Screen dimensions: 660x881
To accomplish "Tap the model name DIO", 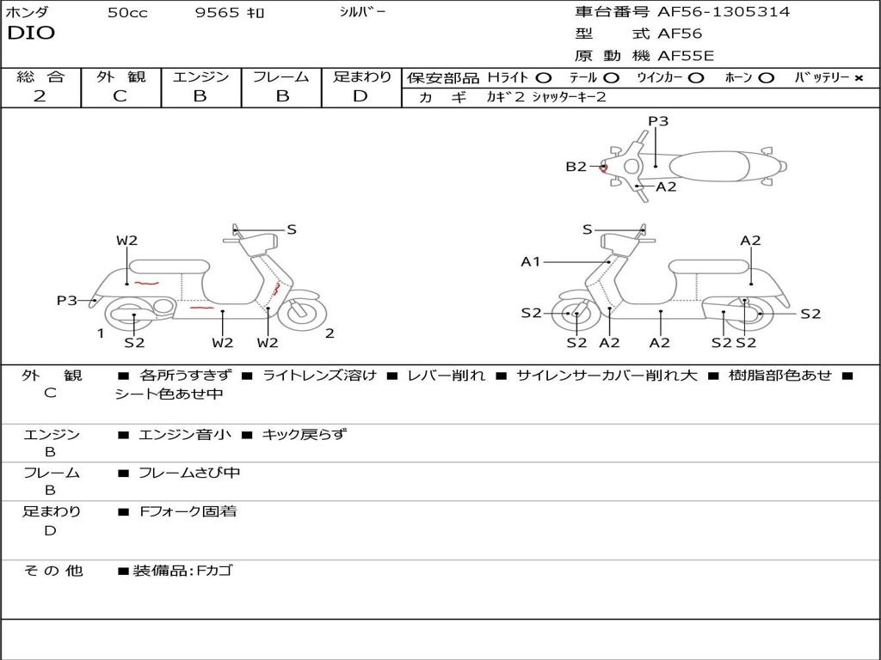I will pyautogui.click(x=31, y=34).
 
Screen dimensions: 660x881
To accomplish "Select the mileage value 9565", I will pyautogui.click(x=218, y=13).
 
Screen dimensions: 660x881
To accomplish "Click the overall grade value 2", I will pyautogui.click(x=40, y=96).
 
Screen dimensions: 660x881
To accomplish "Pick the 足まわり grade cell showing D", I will pyautogui.click(x=360, y=96).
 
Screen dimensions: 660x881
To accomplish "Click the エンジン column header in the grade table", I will pyautogui.click(x=200, y=77).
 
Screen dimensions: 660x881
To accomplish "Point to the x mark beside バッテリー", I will pyautogui.click(x=858, y=78).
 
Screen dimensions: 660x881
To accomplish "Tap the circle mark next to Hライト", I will pyautogui.click(x=544, y=78).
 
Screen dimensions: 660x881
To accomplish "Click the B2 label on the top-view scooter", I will pyautogui.click(x=576, y=167).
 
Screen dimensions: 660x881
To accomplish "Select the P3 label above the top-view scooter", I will pyautogui.click(x=658, y=121).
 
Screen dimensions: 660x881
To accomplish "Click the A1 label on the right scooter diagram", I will pyautogui.click(x=531, y=261).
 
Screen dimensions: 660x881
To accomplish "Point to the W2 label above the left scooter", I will pyautogui.click(x=127, y=241).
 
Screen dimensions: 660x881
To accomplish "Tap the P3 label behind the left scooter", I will pyautogui.click(x=67, y=300).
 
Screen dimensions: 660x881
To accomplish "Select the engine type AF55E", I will pyautogui.click(x=685, y=56).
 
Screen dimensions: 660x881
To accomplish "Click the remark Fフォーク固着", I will pyautogui.click(x=188, y=511).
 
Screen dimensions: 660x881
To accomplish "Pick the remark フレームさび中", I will pyautogui.click(x=189, y=473).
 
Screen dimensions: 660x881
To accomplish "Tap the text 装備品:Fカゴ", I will pyautogui.click(x=182, y=571).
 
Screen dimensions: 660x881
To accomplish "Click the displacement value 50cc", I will pyautogui.click(x=127, y=13).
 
